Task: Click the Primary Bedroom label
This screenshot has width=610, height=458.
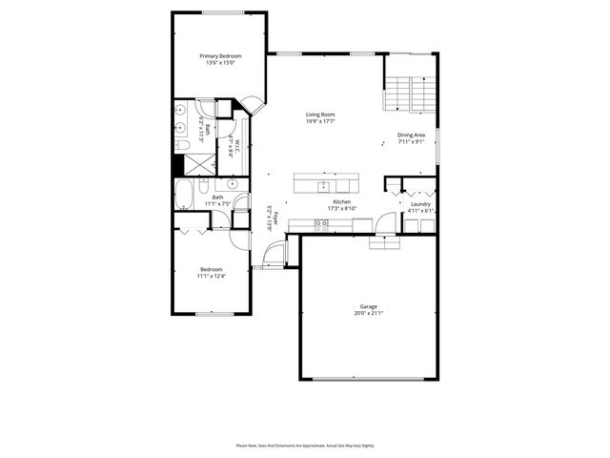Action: coord(220,56)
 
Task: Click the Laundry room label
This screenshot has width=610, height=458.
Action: coord(420,204)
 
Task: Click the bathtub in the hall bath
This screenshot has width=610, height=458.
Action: coord(185,197)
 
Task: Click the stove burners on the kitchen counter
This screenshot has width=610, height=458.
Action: coord(321,225)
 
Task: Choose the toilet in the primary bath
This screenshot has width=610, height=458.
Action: coord(180,145)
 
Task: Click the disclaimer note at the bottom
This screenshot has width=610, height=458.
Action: coord(304,445)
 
